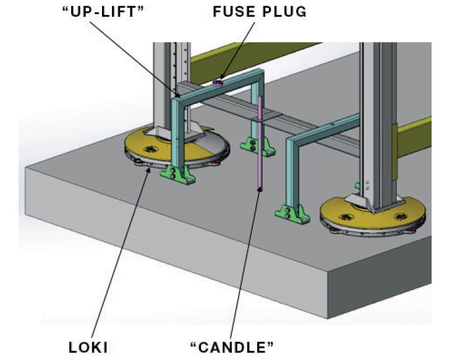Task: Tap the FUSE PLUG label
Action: click(x=260, y=12)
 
